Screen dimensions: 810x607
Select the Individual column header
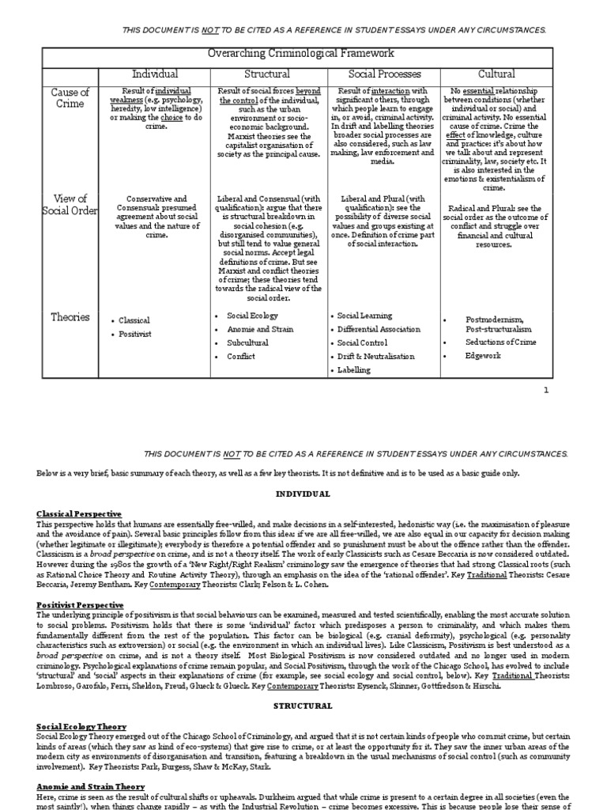[x=154, y=74]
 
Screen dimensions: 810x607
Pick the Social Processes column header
[x=383, y=74]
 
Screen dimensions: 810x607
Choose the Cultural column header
[x=496, y=74]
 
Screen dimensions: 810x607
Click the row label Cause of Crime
[x=71, y=98]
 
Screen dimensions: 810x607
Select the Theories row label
[x=70, y=317]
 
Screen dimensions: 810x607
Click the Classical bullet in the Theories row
[x=134, y=320]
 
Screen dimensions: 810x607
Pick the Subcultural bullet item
[x=247, y=343]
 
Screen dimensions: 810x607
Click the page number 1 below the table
[x=545, y=390]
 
